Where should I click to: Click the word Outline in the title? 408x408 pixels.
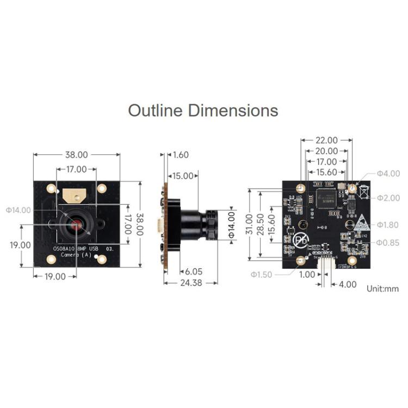156,110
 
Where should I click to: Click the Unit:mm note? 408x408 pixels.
382,289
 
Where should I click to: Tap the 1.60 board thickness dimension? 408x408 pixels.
180,155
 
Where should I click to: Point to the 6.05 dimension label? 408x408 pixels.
194,271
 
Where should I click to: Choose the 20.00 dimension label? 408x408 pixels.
326,151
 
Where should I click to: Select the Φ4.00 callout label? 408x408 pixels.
388,174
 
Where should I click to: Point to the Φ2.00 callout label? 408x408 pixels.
388,197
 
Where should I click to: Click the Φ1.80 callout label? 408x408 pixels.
388,225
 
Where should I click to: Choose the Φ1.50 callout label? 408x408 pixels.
261,275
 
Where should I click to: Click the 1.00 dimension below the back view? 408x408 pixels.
307,275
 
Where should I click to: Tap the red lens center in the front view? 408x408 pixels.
75,225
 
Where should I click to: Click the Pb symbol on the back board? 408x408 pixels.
300,240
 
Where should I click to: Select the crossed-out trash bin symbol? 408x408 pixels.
364,191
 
